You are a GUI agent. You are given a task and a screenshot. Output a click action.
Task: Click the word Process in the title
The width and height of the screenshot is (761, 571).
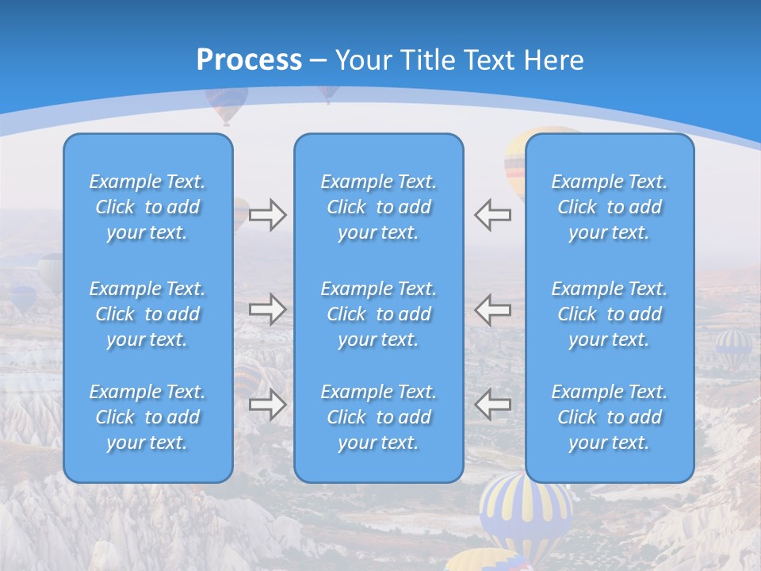[x=249, y=60]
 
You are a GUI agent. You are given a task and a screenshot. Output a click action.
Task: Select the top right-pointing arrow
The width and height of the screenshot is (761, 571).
[x=267, y=214]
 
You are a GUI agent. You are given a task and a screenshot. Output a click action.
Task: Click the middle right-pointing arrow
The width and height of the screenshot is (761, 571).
[x=267, y=309]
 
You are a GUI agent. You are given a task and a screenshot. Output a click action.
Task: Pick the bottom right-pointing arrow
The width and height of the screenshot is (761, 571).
[x=267, y=404]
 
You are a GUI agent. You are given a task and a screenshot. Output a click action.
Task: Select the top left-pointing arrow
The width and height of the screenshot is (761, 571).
[x=493, y=214]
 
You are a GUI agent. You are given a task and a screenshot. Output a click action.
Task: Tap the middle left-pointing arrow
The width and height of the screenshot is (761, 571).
[x=493, y=309]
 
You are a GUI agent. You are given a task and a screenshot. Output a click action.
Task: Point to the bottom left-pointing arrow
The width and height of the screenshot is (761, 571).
[x=493, y=404]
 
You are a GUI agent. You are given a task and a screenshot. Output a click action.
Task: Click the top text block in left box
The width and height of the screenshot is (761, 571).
[x=147, y=207]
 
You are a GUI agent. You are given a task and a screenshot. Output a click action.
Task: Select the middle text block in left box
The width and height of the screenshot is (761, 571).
[x=147, y=314]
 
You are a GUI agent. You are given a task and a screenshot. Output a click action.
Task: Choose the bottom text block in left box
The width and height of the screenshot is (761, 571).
[x=147, y=417]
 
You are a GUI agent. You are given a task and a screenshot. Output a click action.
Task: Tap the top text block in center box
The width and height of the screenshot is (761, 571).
[x=378, y=207]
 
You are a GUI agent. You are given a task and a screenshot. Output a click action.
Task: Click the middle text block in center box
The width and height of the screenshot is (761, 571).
[x=378, y=314]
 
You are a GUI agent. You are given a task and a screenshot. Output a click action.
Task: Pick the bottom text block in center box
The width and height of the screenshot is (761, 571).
[x=378, y=417]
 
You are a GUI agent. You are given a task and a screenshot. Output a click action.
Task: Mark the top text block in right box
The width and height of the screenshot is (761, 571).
[x=609, y=207]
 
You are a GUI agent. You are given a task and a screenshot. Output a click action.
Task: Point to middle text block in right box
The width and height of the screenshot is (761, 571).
[x=609, y=314]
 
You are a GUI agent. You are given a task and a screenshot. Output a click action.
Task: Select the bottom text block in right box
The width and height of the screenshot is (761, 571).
[x=609, y=417]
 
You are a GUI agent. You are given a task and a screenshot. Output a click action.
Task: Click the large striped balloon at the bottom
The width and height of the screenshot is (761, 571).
[x=525, y=512]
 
